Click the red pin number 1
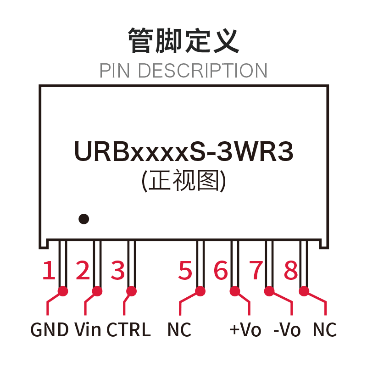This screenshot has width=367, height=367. coord(49,270)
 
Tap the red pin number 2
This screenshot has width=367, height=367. coord(83,270)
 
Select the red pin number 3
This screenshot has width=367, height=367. coord(118,270)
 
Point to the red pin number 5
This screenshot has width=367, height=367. coord(185,270)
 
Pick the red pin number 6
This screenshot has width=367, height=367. coord(221,270)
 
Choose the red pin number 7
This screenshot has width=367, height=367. coord(256,270)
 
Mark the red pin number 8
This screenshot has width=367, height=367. coord(291,270)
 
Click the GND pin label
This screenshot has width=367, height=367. coord(50,329)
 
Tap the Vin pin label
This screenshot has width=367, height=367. coord(88,329)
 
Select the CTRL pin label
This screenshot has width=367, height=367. coord(128,329)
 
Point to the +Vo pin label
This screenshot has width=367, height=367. coord(245,329)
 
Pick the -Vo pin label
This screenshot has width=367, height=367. coord(287,329)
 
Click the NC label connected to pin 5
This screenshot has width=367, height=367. coord(179,329)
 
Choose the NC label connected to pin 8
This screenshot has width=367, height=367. coord(325,329)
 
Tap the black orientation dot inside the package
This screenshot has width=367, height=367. coord(84,219)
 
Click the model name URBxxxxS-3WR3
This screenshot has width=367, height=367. coord(184,151)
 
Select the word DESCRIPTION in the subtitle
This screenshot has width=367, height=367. coord(203,71)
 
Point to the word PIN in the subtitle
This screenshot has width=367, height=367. coord(115,71)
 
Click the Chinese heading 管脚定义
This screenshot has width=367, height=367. coord(183,40)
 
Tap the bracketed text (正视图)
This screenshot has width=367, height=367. coord(184,180)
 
